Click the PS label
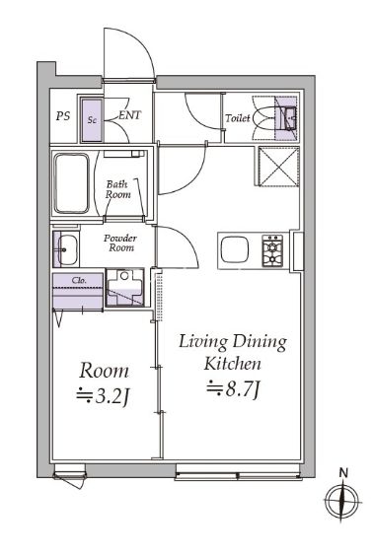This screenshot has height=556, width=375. (x=63, y=116)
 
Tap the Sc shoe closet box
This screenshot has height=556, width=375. (x=92, y=120)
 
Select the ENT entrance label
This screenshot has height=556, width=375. (x=129, y=115)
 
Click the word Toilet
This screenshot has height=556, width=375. (x=238, y=117)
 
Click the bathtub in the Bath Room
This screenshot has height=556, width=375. (x=71, y=183)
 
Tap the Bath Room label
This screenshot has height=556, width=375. (x=117, y=189)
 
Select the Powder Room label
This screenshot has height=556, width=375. (x=120, y=243)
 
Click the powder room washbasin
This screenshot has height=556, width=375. (x=66, y=249)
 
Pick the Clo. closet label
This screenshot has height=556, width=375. (x=79, y=280)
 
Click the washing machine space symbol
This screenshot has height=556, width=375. (x=125, y=287)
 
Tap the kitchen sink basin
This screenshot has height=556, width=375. (x=234, y=249)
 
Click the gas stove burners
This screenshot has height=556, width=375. (x=272, y=250)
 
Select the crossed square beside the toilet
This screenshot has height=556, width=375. (x=278, y=167)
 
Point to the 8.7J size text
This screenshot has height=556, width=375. (x=234, y=388)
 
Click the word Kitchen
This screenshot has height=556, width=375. (x=232, y=364)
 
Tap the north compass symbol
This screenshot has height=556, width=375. (x=341, y=503)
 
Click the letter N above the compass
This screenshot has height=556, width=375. (x=343, y=472)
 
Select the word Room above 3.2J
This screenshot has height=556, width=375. (x=104, y=371)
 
